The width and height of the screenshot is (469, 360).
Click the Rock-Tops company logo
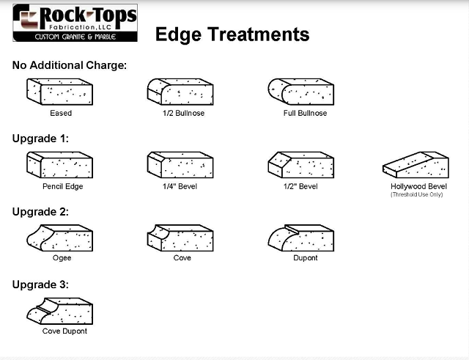click(x=75, y=23)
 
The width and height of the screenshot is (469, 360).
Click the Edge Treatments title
click(x=232, y=34)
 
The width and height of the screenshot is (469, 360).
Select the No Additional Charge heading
click(x=70, y=65)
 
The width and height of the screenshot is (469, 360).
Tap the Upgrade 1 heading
click(x=41, y=138)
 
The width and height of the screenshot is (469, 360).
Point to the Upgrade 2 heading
click(x=41, y=212)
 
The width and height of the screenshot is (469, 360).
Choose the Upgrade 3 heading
click(x=41, y=284)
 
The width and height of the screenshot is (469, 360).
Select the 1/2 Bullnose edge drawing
click(x=180, y=92)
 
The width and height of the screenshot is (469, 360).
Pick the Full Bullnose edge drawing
click(x=301, y=92)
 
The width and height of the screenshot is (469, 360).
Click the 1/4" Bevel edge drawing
click(x=180, y=165)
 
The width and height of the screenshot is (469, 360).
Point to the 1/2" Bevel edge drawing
click(x=301, y=165)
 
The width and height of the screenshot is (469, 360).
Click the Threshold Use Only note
click(x=417, y=194)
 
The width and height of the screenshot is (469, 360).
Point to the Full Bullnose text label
click(x=305, y=114)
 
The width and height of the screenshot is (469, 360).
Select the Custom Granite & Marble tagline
click(x=75, y=36)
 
